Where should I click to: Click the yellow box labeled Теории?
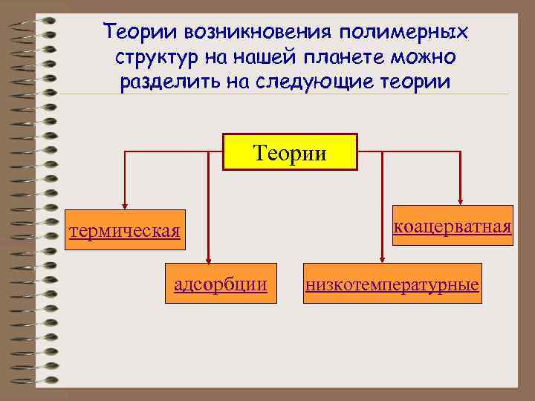click(290, 152)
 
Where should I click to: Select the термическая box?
click(124, 231)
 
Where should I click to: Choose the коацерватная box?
click(453, 226)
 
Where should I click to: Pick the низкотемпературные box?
click(392, 283)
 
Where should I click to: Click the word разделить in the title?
click(166, 80)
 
